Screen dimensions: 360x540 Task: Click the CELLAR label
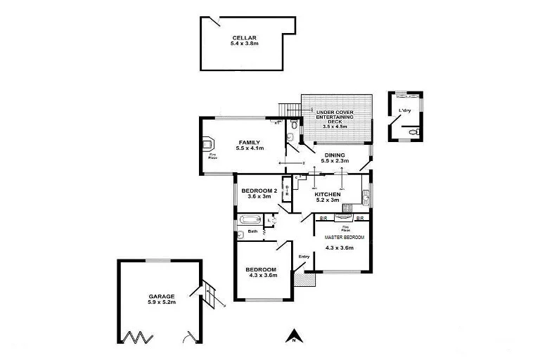244,38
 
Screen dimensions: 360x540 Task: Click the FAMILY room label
250,142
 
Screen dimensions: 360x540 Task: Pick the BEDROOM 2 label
259,191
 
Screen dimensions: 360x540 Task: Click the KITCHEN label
327,194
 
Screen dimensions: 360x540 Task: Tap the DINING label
335,155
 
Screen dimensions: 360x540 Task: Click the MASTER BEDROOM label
339,238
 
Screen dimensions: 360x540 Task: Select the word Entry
304,257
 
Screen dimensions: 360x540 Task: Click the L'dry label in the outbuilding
404,111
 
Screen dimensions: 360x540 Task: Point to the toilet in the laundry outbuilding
415,131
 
